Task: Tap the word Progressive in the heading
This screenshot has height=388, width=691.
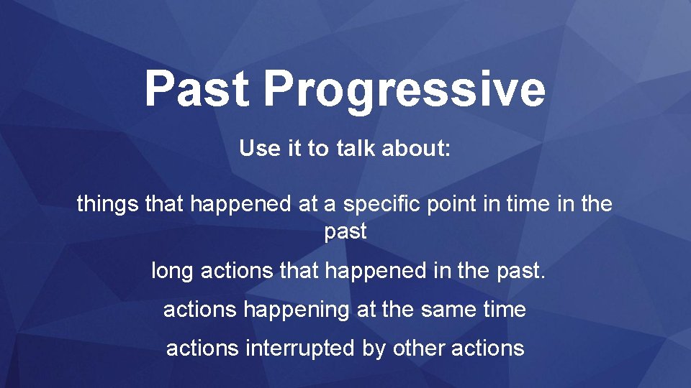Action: pos(405,91)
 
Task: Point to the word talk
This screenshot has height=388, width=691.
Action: pos(356,147)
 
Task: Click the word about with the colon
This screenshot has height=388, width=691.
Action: pos(416,147)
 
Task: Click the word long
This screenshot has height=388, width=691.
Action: pos(172,272)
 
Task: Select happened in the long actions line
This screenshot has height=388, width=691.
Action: pos(376,272)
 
